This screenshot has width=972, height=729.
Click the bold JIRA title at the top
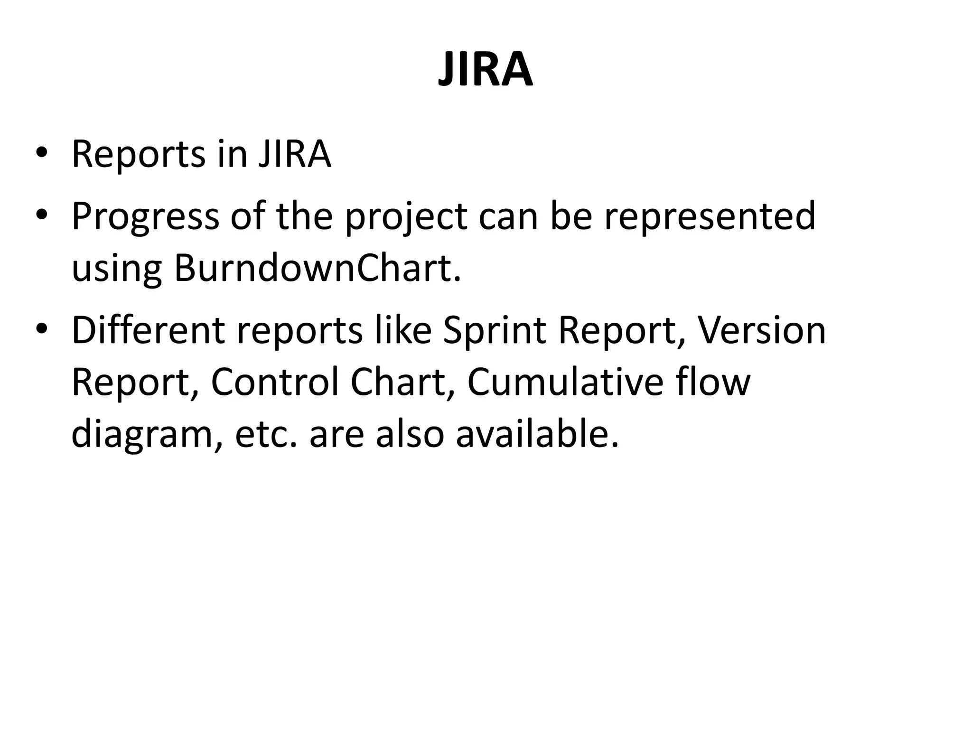click(485, 70)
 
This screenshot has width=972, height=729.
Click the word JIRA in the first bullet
click(295, 154)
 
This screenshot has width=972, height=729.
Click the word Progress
click(145, 216)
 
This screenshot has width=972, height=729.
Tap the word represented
click(710, 216)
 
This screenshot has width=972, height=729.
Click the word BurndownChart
click(317, 268)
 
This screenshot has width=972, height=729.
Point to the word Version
click(762, 330)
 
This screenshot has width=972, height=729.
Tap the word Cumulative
click(565, 382)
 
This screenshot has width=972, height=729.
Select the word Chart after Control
click(403, 382)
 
